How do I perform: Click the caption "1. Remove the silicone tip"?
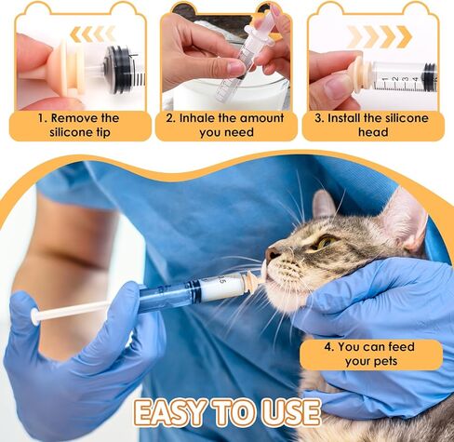pos(78,125)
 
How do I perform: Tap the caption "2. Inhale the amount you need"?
pos(226,125)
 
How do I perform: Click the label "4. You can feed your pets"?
pos(370,355)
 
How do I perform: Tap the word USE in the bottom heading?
pos(287,412)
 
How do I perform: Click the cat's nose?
pos(271,253)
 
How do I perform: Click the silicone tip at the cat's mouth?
pos(251,279)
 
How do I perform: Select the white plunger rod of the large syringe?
pos(84,310)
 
